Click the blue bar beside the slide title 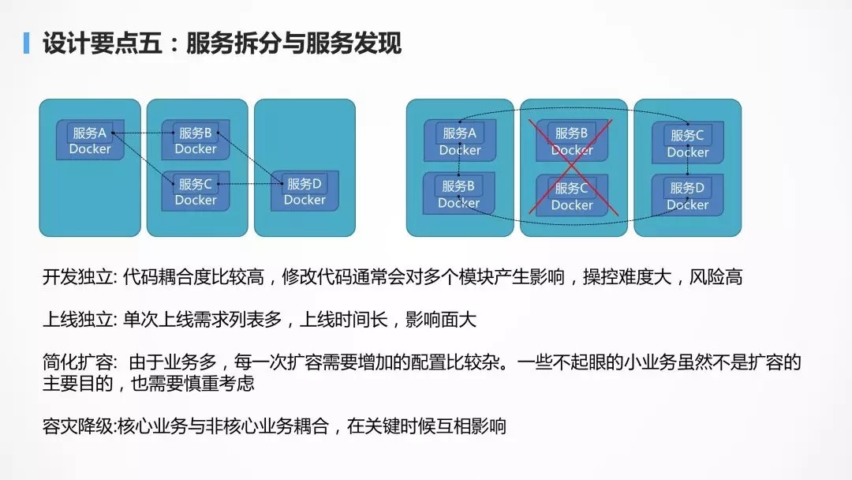26,43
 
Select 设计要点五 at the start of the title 102,43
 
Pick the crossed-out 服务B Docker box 572,141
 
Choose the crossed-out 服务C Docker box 572,196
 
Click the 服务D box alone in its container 305,191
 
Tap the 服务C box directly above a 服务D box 687,142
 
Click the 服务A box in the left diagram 90,140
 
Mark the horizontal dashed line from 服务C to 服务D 250,184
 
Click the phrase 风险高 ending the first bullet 716,277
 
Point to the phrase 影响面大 441,320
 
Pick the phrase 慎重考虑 219,384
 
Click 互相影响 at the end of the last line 471,426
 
